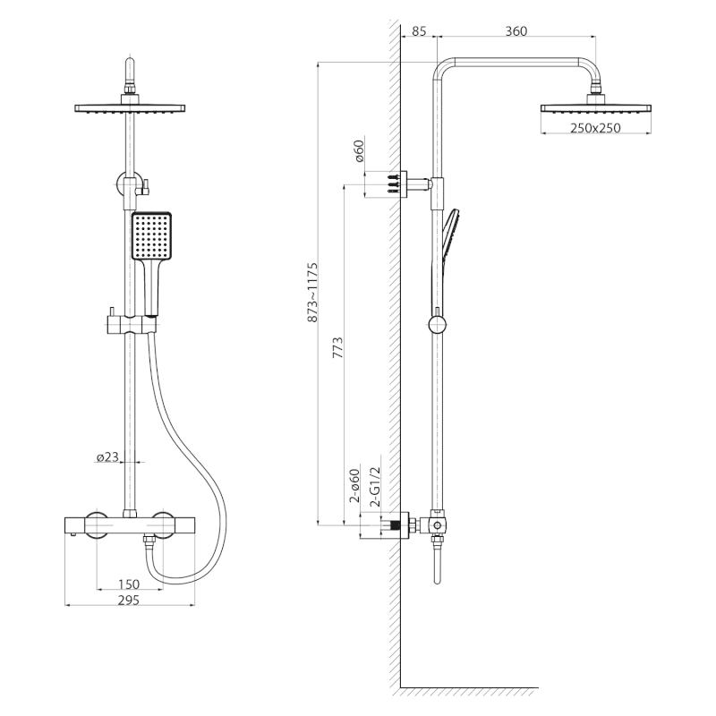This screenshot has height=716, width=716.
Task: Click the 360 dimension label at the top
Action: (x=516, y=31)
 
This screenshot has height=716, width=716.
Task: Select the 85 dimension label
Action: (x=419, y=31)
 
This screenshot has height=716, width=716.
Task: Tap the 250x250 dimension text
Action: (x=595, y=128)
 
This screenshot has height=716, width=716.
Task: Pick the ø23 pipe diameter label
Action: (x=107, y=457)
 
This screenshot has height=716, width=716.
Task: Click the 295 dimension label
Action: (x=128, y=601)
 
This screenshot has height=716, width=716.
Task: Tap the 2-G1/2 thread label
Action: (x=375, y=487)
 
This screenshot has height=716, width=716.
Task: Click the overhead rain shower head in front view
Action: (x=131, y=108)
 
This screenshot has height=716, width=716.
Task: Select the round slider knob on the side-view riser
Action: (x=437, y=324)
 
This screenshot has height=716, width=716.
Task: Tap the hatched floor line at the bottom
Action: (x=468, y=691)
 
